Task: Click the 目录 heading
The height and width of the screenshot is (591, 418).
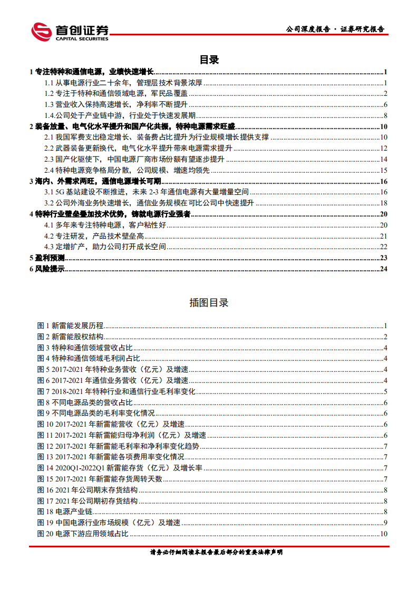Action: [x=209, y=60]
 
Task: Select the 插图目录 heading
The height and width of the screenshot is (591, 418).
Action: [x=209, y=303]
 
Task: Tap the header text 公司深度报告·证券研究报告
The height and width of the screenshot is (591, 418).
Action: [x=334, y=29]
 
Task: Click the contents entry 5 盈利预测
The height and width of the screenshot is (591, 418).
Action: [x=47, y=258]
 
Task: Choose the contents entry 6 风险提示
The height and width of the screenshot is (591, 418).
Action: [x=47, y=269]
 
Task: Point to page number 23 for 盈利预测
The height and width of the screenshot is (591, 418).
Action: [x=384, y=258]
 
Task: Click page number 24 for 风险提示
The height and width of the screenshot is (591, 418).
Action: [x=384, y=269]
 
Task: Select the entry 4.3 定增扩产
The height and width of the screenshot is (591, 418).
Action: [x=105, y=247]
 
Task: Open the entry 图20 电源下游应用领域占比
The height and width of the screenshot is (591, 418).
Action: [x=83, y=534]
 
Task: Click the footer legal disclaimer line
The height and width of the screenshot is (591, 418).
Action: [x=209, y=553]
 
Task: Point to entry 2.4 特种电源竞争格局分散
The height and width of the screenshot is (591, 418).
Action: [x=127, y=170]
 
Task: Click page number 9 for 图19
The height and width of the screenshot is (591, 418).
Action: [x=386, y=523]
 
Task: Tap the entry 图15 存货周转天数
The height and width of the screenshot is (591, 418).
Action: [x=100, y=479]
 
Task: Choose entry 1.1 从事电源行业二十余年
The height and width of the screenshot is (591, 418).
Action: [x=123, y=82]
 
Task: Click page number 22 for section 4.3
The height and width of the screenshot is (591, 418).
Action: [x=384, y=247]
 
